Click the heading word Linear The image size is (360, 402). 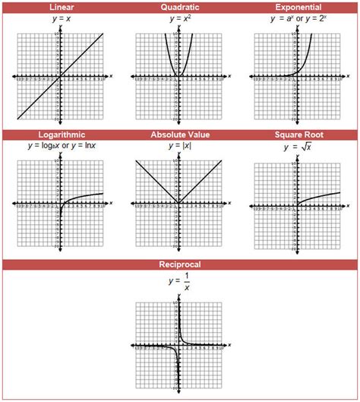tap(60, 7)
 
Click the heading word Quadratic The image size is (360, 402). tap(180, 7)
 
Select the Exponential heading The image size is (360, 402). tap(299, 7)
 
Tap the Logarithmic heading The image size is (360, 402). tap(60, 135)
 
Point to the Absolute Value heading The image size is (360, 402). tap(180, 135)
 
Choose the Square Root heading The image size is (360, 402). tap(299, 135)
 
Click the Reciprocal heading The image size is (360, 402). tap(180, 265)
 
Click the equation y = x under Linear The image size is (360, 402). tap(60, 18)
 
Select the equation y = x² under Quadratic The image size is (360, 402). tap(180, 18)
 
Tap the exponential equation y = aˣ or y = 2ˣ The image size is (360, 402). tap(299, 18)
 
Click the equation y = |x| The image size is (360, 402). tap(180, 145)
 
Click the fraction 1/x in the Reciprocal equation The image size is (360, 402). tap(186, 282)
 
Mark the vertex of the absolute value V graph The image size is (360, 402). tap(179, 204)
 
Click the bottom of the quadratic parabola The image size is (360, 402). tap(179, 76)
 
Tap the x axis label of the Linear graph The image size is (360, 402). tap(111, 76)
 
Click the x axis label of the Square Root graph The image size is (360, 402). tap(350, 204)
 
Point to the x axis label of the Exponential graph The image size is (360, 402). tap(350, 76)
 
